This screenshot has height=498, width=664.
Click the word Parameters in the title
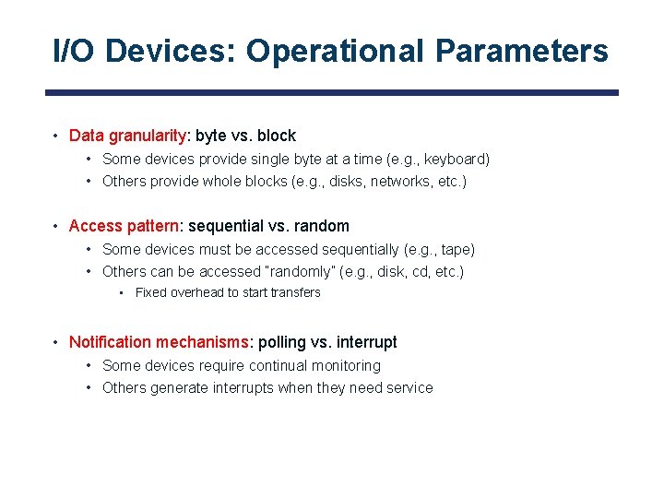point(521,52)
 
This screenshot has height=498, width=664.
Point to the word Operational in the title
point(336,52)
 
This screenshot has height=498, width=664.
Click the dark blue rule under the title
point(332,92)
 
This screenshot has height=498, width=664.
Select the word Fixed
point(151,292)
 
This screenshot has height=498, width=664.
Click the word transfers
point(294,292)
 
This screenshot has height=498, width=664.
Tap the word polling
point(281,342)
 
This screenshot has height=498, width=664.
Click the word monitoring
point(346,365)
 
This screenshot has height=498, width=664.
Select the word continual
point(279,365)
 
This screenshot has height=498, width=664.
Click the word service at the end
point(409,387)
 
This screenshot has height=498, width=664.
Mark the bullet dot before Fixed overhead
point(122,293)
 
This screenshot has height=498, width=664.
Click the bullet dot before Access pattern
point(56,227)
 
